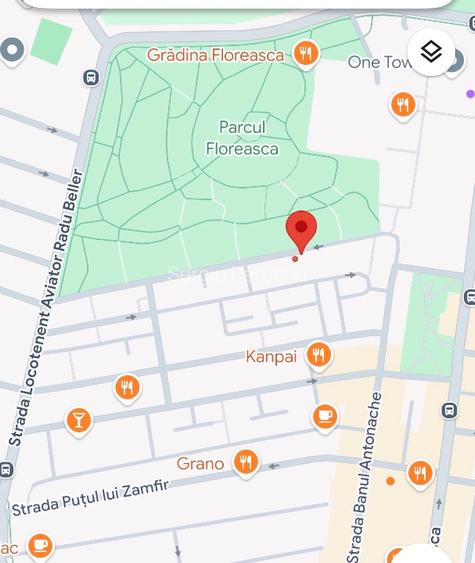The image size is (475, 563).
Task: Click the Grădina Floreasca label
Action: (x=218, y=54)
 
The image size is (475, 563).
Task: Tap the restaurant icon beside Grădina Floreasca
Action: (x=306, y=53)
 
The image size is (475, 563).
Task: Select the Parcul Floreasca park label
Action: (x=242, y=138)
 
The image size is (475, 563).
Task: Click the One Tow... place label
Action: (x=378, y=62)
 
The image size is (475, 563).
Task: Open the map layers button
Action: (x=431, y=52)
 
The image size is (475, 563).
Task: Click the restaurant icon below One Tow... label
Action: (x=403, y=104)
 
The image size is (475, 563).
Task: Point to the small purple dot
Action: (x=470, y=94)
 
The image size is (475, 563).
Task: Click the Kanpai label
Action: (x=271, y=356)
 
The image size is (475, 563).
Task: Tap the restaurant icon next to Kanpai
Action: (x=318, y=354)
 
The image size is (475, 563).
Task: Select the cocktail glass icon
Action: (x=78, y=420)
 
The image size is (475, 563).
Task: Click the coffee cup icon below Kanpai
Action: (x=325, y=416)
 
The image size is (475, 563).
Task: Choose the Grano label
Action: (x=200, y=463)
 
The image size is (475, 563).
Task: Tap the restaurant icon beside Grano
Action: (x=245, y=462)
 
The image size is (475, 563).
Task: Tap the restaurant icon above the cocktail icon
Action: (x=126, y=387)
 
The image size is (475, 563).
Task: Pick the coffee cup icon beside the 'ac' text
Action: (x=39, y=544)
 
